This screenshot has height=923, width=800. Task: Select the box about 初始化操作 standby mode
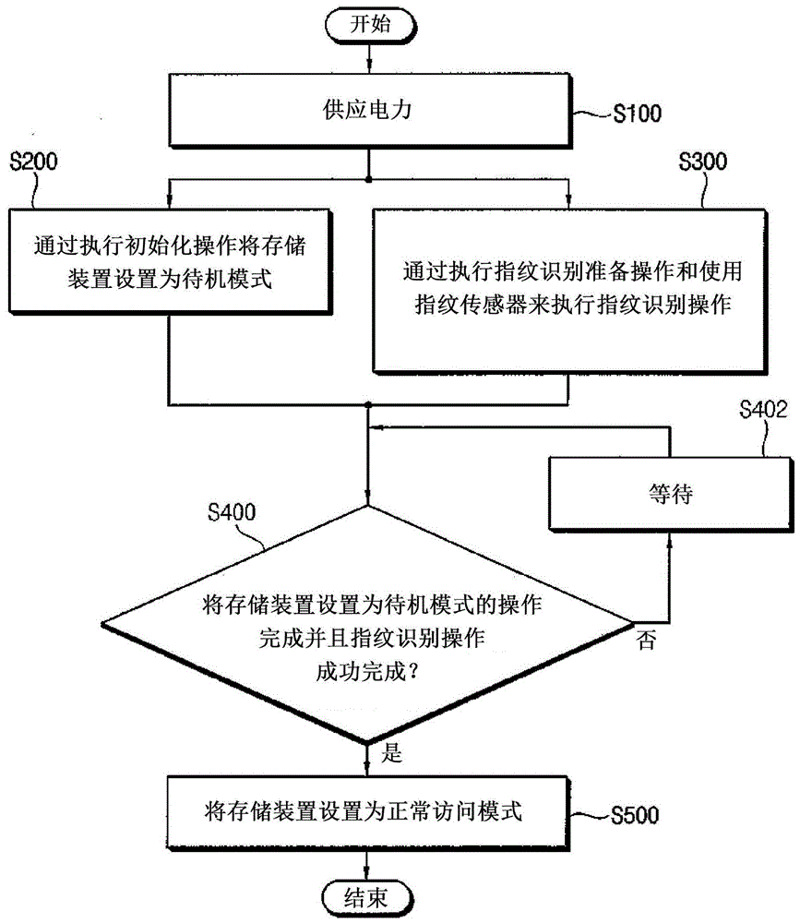[169, 263]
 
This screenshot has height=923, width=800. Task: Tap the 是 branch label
[391, 754]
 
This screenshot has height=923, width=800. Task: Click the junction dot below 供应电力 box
[368, 178]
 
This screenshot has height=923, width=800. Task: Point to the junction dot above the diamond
[368, 404]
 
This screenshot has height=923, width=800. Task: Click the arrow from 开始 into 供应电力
[368, 57]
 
